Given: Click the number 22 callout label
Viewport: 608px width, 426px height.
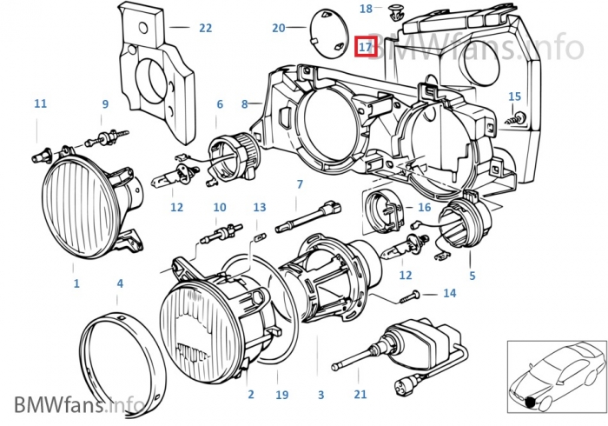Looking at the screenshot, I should (205, 29).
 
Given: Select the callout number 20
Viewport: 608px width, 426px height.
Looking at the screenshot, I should (278, 29).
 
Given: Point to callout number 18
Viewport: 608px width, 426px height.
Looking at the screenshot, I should (366, 9).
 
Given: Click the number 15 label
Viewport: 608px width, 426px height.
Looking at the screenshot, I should (514, 97).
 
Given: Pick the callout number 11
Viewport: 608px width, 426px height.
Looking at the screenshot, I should (41, 104).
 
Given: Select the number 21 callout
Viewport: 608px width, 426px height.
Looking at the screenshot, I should (360, 395).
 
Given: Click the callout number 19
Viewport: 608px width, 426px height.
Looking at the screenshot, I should (281, 395).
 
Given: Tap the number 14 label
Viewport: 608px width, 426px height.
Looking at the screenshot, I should (449, 294).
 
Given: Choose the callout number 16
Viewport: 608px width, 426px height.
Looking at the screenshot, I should (424, 208).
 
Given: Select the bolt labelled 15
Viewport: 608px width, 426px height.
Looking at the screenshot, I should (519, 117).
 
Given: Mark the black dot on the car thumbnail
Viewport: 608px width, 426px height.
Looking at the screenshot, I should (530, 402).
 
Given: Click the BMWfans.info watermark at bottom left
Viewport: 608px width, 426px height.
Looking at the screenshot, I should (79, 404).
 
